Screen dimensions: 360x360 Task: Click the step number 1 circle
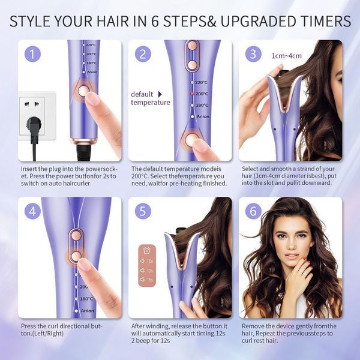[32, 54]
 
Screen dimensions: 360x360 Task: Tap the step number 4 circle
[32, 211]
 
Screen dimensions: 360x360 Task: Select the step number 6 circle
[253, 211]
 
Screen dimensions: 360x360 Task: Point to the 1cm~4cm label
[287, 56]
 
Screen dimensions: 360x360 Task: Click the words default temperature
[151, 98]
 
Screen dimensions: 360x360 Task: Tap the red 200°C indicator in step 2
[193, 94]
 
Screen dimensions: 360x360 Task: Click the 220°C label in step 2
[202, 82]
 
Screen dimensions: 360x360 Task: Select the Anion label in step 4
[88, 311]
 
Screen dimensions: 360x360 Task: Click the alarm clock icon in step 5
[147, 250]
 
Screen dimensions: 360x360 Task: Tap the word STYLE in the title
[30, 21]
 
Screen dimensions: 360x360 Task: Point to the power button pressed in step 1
[82, 91]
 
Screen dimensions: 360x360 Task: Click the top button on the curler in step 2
[192, 46]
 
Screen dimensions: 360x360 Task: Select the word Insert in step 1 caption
[29, 169]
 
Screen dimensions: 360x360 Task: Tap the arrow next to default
[160, 94]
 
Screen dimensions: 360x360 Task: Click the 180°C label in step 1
[91, 63]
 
